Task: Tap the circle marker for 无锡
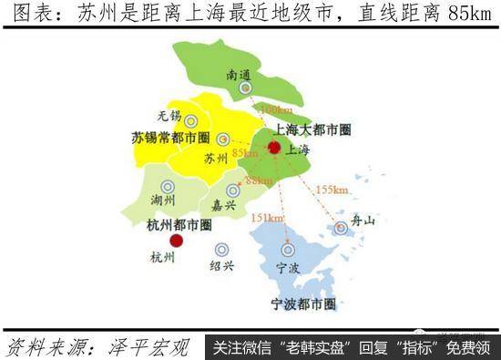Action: (x=190, y=121)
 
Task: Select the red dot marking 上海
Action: (x=273, y=147)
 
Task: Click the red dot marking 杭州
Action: (x=177, y=241)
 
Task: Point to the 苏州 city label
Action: (x=216, y=159)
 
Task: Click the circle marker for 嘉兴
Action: (x=233, y=190)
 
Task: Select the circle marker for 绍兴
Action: (x=221, y=249)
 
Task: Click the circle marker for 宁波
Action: (x=288, y=249)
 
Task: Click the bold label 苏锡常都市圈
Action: (x=169, y=139)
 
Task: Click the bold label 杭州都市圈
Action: (x=179, y=223)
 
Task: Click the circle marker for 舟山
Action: (x=341, y=228)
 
